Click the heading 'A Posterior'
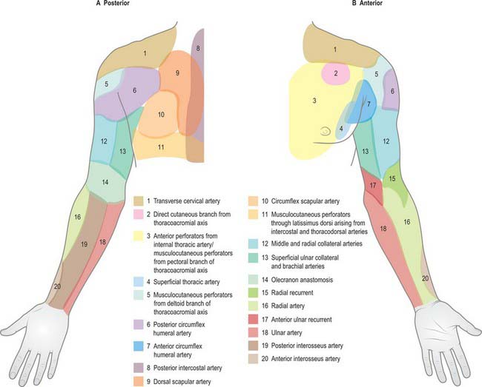[113, 4]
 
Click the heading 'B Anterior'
[367, 4]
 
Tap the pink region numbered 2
[336, 73]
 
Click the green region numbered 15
[394, 181]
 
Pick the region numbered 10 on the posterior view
[160, 115]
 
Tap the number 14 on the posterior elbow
[105, 183]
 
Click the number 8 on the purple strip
[198, 48]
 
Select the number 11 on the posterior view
[161, 147]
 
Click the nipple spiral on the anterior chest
[326, 132]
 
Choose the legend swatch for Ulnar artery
[253, 333]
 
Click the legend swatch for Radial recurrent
[253, 293]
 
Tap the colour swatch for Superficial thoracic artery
[139, 282]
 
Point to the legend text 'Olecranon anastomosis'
[302, 280]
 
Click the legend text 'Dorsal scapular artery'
[182, 382]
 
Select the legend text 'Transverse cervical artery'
[187, 201]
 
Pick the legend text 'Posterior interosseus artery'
[307, 346]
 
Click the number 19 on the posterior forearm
[85, 244]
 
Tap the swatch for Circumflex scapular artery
[253, 201]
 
